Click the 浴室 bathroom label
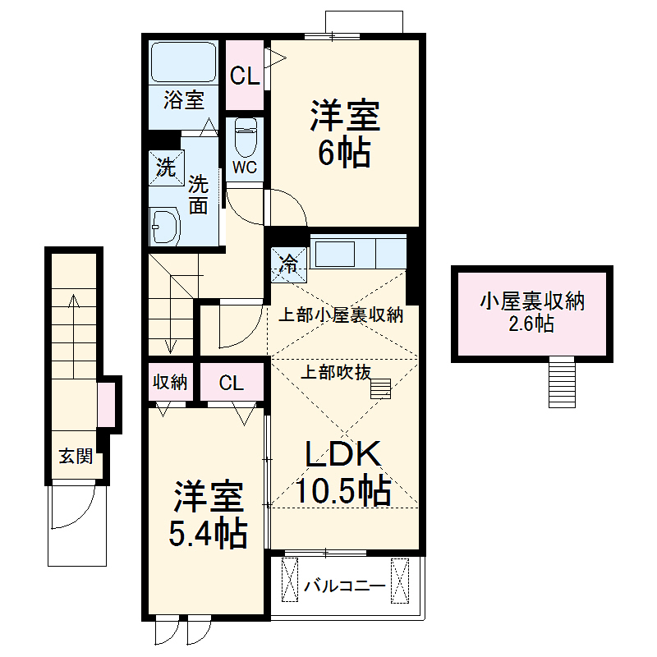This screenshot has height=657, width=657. [183, 100]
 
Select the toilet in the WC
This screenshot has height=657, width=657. [245, 137]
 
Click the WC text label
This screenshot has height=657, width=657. [245, 168]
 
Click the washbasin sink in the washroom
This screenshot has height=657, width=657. [166, 223]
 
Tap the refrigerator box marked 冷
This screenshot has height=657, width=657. [289, 264]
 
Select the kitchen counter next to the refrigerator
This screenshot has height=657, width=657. [359, 252]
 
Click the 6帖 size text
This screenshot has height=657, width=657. [345, 154]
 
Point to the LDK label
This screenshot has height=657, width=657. [343, 454]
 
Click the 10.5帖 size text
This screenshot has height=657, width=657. [343, 491]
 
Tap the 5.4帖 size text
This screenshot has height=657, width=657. [208, 535]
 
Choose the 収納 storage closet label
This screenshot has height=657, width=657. [171, 383]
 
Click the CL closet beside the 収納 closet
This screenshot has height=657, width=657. [232, 383]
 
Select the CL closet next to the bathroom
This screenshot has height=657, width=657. [244, 76]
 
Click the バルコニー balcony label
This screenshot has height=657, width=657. [345, 586]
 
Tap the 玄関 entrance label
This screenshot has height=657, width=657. [75, 457]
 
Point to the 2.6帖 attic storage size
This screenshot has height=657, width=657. [531, 324]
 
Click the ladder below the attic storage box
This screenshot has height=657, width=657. [563, 384]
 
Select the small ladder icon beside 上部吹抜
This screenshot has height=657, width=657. [381, 388]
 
